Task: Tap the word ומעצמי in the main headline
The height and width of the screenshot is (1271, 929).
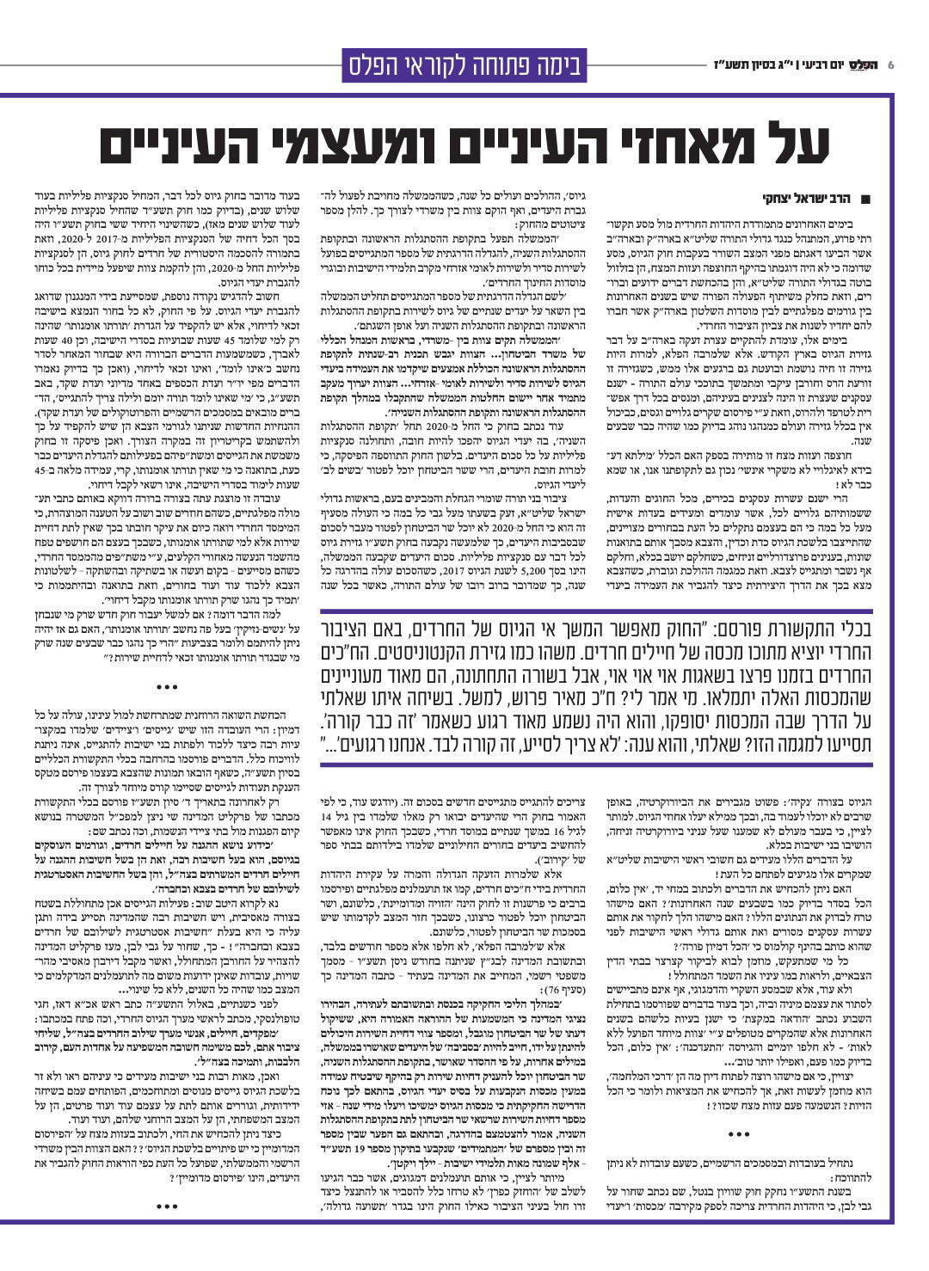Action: tap(372, 145)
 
